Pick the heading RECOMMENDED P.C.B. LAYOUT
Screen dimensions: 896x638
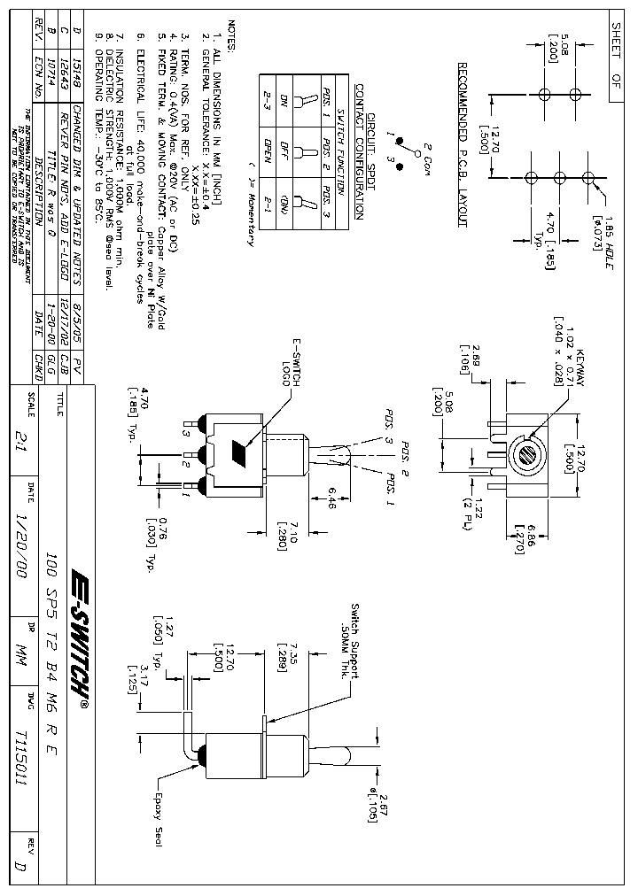coord(462,145)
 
